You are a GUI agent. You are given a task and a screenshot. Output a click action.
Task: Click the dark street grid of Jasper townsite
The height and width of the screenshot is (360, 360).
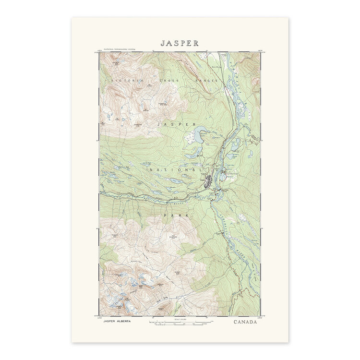tap(209, 181)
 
